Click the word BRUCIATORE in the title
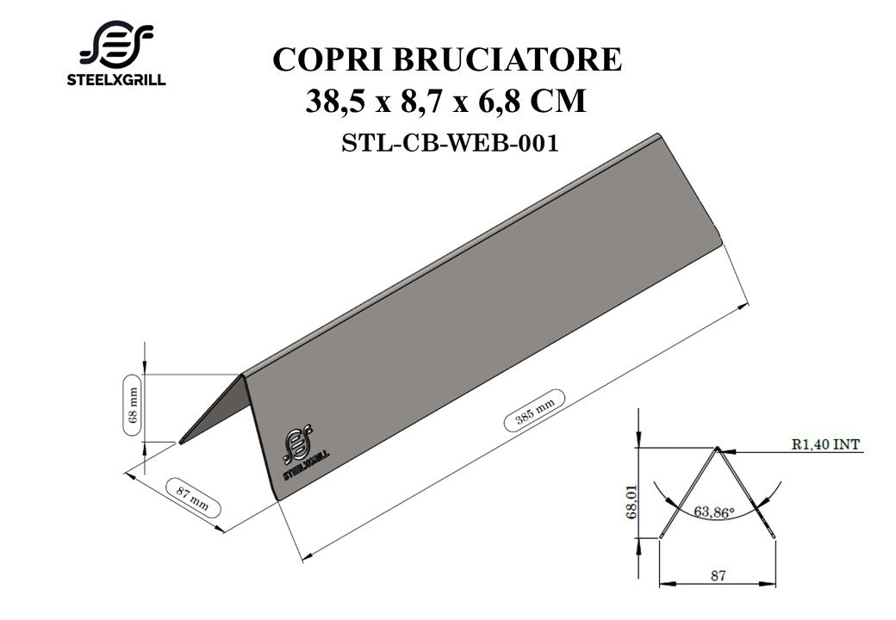coord(507,59)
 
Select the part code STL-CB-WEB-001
coord(450,143)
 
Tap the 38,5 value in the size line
coord(335,101)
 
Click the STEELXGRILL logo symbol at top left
coord(116,44)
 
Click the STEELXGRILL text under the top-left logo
coord(116,80)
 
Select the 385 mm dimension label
coord(534,410)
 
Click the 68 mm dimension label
coord(134,406)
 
